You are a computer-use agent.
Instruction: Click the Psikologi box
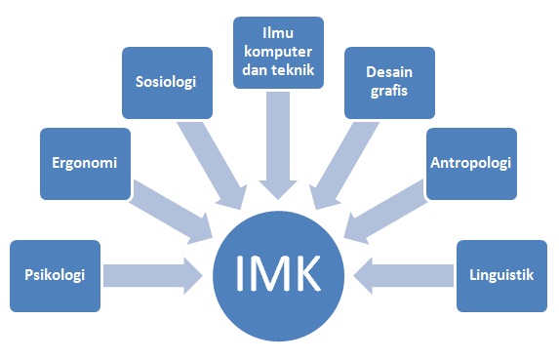point(55,275)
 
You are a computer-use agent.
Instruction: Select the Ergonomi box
point(85,163)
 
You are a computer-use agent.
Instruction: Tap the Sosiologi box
point(167,82)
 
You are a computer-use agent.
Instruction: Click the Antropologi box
point(470,162)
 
